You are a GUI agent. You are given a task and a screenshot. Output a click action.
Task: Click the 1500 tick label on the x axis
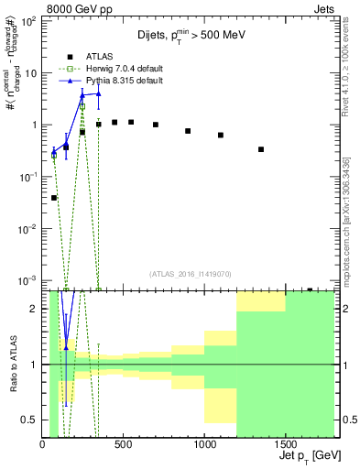pos(285,443)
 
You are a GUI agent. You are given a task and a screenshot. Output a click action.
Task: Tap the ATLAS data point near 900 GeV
pos(188,131)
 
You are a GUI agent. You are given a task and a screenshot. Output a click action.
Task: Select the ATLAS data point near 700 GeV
pos(156,125)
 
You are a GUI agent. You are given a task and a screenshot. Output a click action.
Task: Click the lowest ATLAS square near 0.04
pos(54,198)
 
